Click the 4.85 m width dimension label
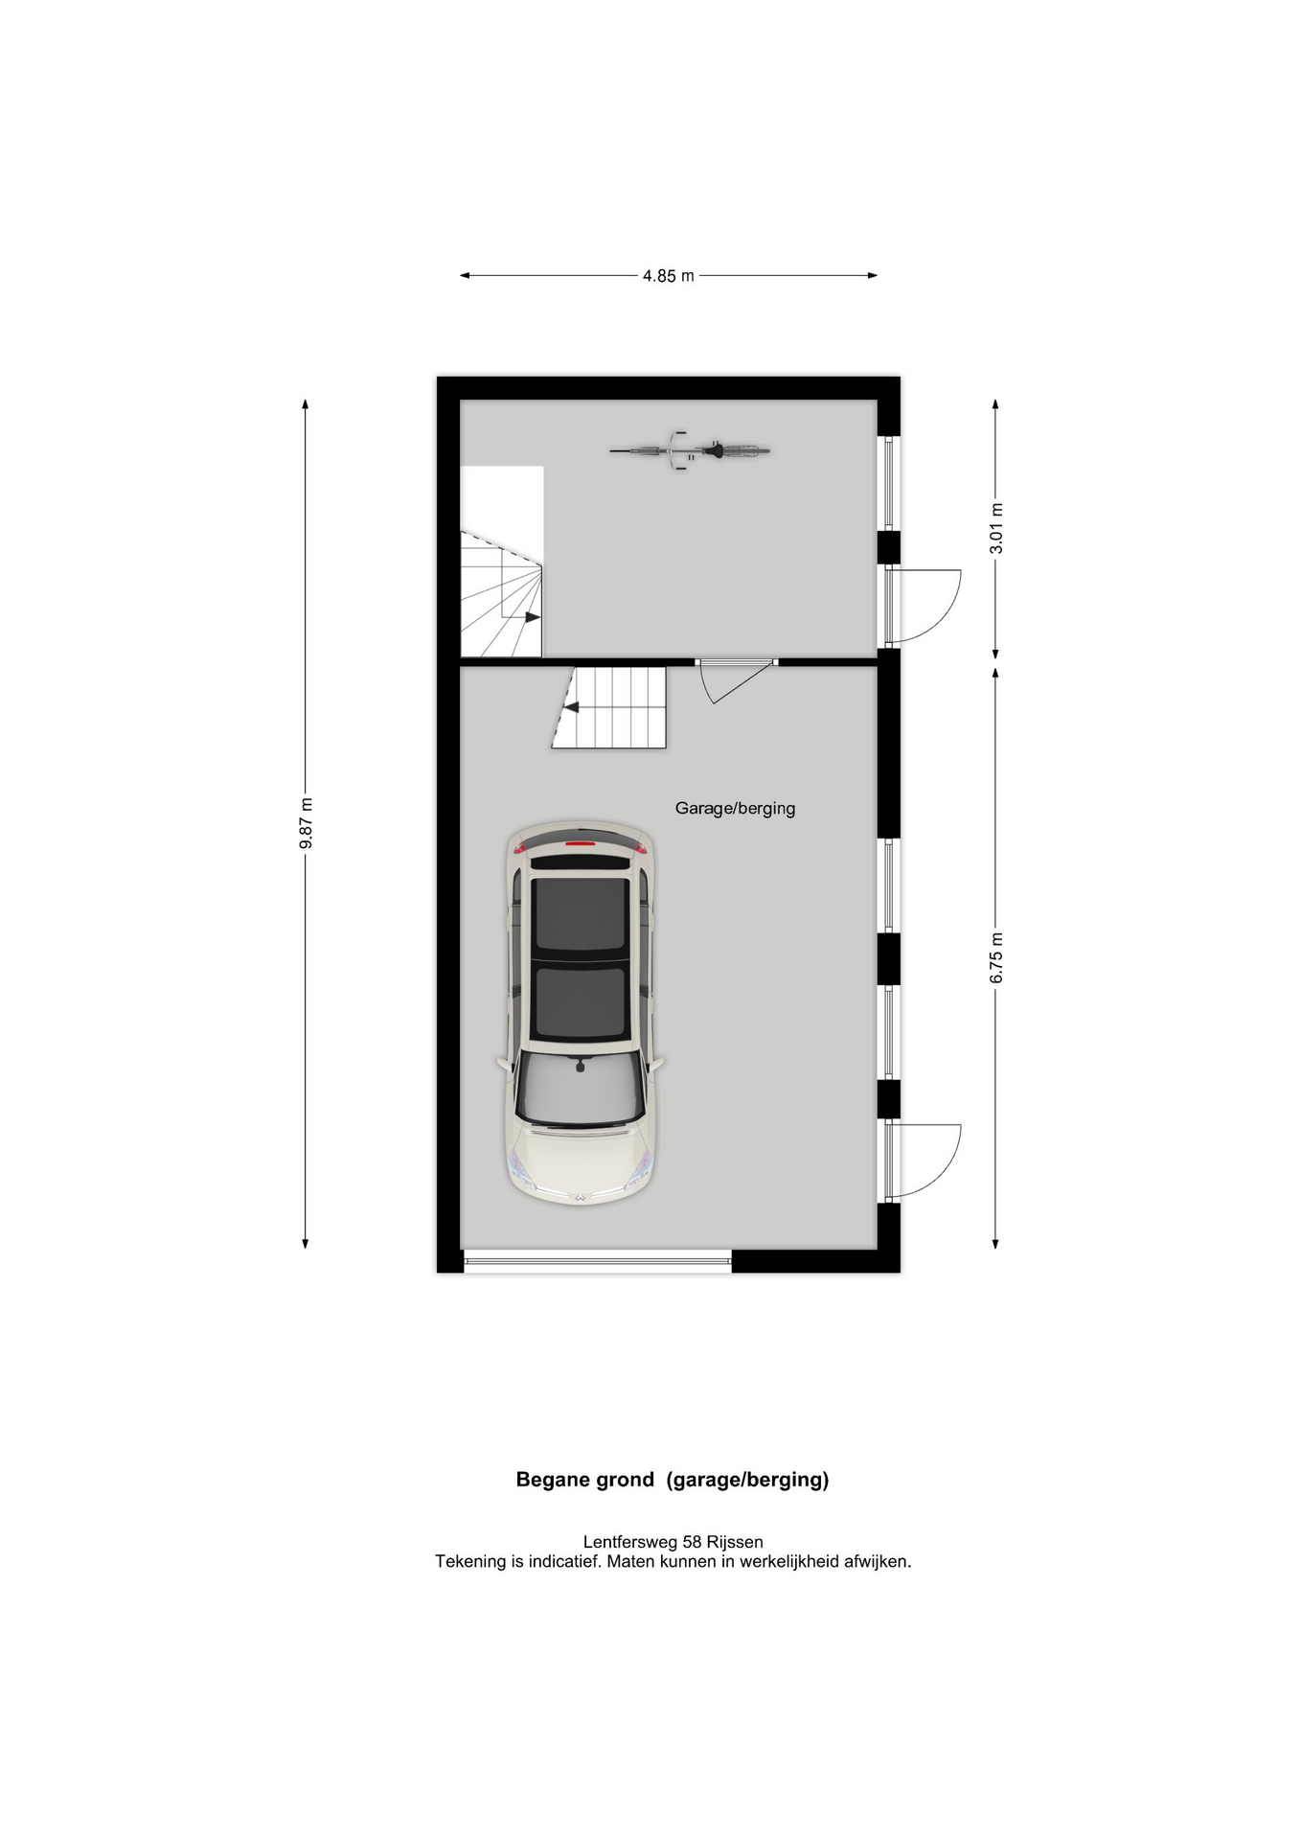point(668,276)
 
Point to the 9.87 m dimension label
point(306,823)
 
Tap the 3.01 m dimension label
point(996,528)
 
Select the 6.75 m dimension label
point(996,957)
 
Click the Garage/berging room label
point(735,808)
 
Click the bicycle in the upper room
point(690,449)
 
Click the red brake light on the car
point(580,844)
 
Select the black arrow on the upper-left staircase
point(532,617)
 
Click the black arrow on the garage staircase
point(570,708)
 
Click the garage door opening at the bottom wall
point(597,1261)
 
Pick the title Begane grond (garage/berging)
point(673,1479)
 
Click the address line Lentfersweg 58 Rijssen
point(673,1542)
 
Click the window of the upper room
point(889,484)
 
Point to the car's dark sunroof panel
point(581,959)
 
